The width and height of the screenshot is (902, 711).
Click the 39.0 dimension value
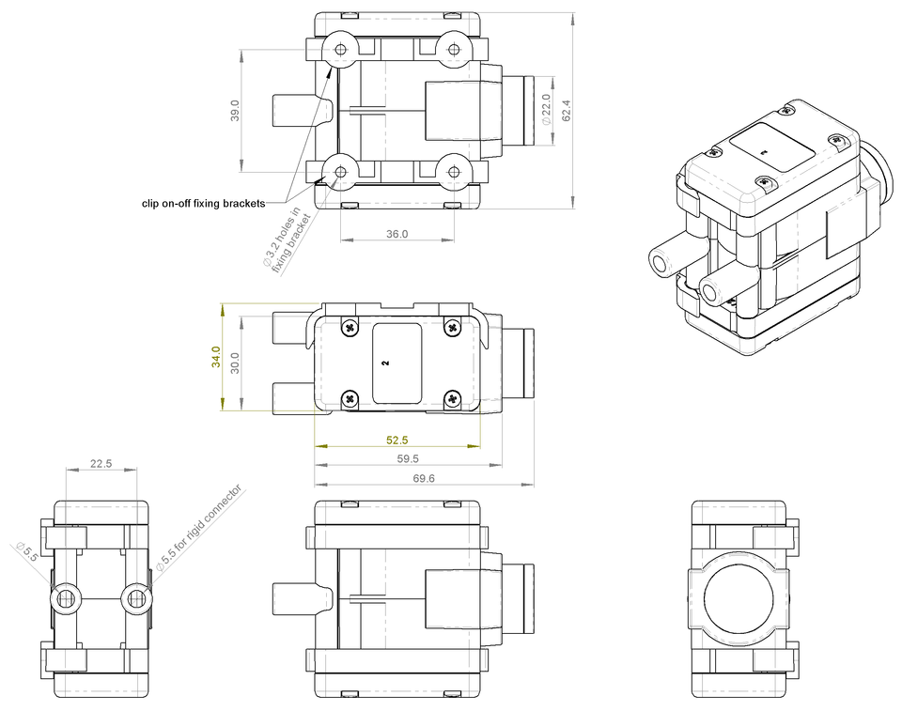click(235, 110)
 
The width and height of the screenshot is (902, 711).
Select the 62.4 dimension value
click(566, 110)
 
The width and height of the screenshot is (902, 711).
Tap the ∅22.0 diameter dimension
click(547, 110)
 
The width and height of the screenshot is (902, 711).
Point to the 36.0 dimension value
click(397, 235)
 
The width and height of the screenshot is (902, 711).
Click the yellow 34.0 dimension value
click(216, 357)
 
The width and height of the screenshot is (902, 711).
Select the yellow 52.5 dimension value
click(397, 440)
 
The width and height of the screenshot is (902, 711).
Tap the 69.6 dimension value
click(425, 479)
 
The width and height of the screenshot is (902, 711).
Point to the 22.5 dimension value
click(101, 463)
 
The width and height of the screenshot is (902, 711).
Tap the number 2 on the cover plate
click(386, 362)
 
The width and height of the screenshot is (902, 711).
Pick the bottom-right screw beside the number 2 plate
click(452, 397)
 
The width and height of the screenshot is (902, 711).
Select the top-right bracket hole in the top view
click(453, 49)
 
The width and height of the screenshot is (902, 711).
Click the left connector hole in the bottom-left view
click(66, 598)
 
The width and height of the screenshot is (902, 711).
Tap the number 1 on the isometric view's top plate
click(764, 151)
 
